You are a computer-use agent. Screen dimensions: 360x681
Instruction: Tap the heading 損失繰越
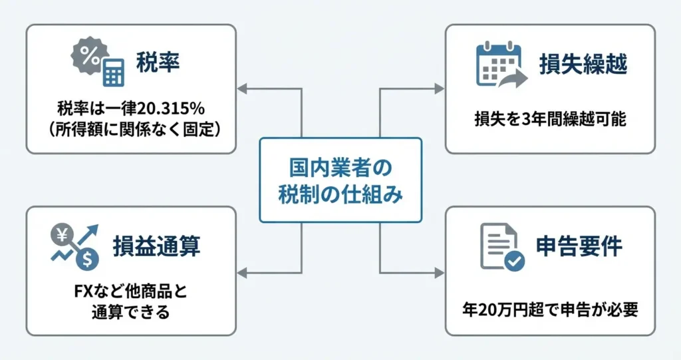coord(583,65)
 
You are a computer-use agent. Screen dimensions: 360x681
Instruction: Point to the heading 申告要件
coord(579,246)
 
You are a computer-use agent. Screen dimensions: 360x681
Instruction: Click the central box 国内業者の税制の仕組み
coord(340,180)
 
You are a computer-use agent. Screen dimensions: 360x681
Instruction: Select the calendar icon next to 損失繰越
coord(495,65)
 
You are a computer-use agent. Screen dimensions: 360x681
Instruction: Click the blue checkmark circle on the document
coord(514,262)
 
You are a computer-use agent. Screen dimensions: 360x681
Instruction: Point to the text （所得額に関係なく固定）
coord(131,128)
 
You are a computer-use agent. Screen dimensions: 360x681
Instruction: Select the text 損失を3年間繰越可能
coord(550,120)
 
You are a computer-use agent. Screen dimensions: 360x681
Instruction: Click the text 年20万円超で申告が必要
coord(550,309)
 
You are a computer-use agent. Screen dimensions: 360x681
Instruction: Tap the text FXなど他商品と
coord(130,292)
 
